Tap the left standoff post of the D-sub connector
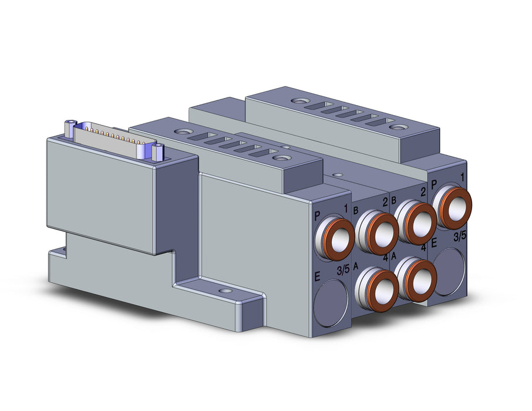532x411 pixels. coord(69,129)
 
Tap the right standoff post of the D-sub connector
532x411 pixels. coord(158,152)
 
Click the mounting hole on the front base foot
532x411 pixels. coord(224,291)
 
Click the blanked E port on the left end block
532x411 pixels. coord(331,303)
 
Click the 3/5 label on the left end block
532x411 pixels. coord(343,270)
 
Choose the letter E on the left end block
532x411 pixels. coord(317,277)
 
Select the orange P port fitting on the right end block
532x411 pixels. coord(452,208)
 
